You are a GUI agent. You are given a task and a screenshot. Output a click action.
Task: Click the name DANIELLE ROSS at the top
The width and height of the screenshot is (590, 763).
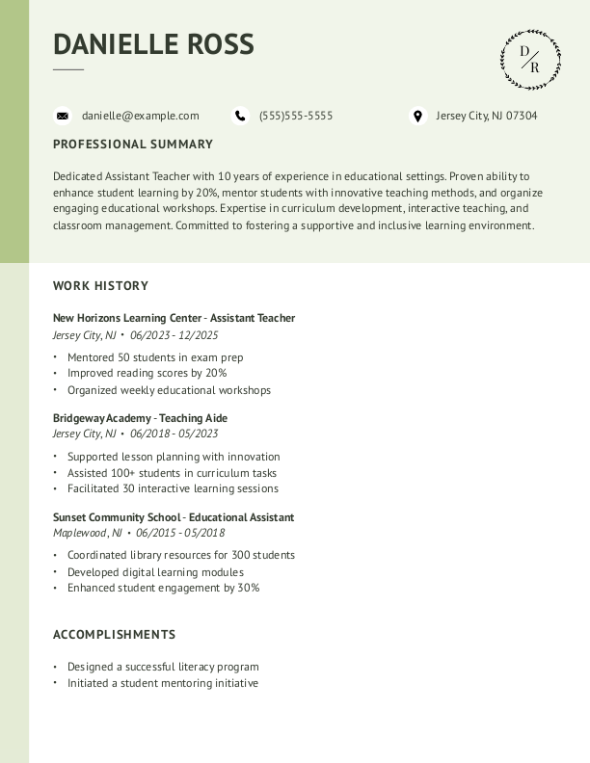coord(153,44)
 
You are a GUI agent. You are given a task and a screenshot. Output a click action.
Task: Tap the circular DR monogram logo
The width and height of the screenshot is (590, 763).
coord(530,60)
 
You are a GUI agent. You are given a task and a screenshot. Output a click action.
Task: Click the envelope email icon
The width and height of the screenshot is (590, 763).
coord(63,116)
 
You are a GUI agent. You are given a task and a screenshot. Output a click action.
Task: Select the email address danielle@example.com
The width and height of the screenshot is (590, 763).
coord(140,116)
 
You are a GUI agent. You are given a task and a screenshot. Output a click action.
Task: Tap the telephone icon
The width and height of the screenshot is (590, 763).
coord(240,116)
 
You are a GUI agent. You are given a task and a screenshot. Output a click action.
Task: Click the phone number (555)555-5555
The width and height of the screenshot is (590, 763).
coord(295,116)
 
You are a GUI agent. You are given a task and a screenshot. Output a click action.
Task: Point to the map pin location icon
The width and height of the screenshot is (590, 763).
coord(417,116)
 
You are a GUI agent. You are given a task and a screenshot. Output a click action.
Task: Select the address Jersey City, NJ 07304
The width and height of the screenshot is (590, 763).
coord(486,116)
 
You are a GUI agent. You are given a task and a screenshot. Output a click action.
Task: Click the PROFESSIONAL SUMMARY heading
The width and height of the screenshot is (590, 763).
coord(133,145)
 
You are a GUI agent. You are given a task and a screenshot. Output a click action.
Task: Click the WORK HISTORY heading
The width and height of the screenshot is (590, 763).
coord(100,286)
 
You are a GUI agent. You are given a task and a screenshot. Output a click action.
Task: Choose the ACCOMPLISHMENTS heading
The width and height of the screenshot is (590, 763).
coord(114,635)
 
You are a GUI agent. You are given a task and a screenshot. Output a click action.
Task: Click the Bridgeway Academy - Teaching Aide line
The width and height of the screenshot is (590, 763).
coord(140,418)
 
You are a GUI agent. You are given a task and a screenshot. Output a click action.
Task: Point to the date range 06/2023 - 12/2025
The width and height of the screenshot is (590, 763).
coord(174,335)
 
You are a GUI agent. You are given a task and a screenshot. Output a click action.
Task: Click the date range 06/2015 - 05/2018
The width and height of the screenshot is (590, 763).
coord(180,533)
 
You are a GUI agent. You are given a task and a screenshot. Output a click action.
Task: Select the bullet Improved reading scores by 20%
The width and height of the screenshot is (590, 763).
coord(147,373)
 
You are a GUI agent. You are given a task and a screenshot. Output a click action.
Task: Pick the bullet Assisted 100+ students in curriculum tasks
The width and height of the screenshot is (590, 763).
coord(172,473)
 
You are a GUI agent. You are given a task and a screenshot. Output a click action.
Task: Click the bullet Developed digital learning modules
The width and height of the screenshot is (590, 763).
coord(155,572)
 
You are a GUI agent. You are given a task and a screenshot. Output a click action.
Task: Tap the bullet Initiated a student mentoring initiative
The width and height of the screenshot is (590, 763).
coord(163,683)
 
